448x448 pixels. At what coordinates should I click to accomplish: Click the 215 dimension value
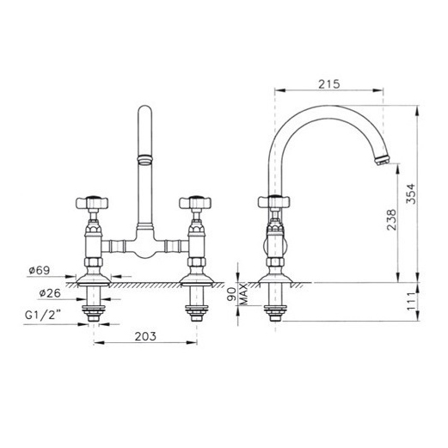pos(328,84)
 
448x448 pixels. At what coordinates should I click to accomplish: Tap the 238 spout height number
pos(391,220)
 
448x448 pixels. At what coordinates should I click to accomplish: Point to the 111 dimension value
pos(411,301)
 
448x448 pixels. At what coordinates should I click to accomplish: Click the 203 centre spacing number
pos(145,336)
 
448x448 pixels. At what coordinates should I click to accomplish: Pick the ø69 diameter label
pos(40,270)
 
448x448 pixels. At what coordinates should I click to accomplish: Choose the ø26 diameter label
pos(50,293)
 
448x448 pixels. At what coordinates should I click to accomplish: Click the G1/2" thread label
pos(43,315)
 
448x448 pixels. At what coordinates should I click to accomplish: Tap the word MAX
pos(243,294)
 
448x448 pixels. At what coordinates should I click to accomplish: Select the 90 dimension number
pos(231,294)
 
